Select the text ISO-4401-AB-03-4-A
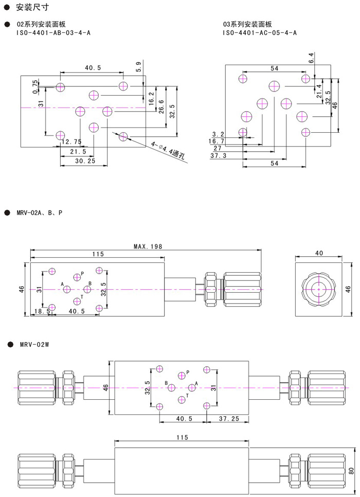coord(54,33)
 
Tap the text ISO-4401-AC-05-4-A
coord(259,33)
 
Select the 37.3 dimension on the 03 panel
coord(219,155)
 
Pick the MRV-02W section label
coord(34,344)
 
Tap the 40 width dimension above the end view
coord(318,253)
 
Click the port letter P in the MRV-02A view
coord(82,273)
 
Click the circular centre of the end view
coord(318,290)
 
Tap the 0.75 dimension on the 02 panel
coord(35,86)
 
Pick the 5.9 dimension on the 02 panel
coord(138,67)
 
